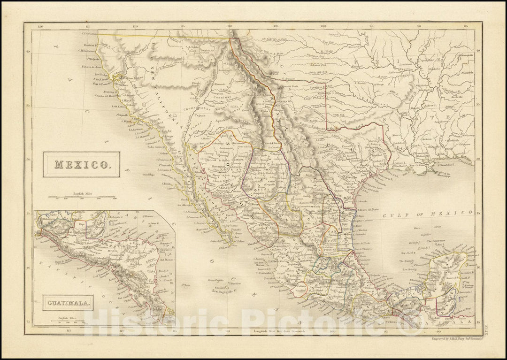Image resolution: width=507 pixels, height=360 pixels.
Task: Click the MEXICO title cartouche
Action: [81, 165]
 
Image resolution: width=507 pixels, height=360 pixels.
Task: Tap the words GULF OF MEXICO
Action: [427, 214]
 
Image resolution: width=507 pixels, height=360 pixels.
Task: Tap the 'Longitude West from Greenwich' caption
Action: [276, 332]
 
